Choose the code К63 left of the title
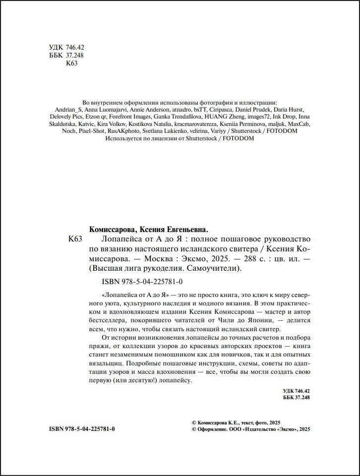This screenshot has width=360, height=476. click(74, 239)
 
